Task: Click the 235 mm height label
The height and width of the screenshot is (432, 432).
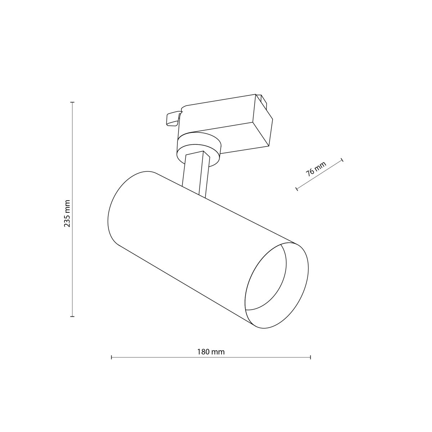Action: (67, 213)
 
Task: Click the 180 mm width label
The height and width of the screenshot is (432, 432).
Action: (211, 352)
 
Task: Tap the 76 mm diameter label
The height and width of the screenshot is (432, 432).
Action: (316, 168)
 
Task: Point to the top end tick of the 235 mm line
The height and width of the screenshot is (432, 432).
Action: (72, 102)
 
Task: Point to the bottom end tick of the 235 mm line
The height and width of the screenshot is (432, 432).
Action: (72, 316)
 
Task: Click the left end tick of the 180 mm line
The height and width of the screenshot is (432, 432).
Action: (112, 357)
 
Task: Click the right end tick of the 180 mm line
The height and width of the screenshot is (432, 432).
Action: (310, 357)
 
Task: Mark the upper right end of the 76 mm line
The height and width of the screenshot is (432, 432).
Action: (342, 159)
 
